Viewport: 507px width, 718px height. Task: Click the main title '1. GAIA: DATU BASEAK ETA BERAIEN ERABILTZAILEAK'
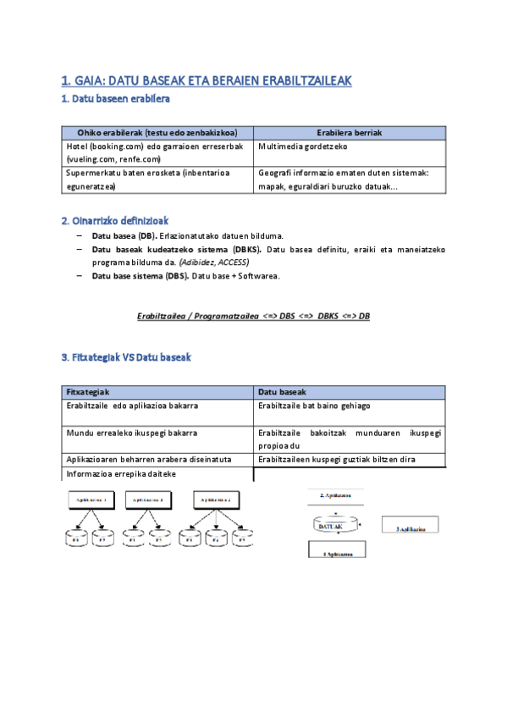[x=206, y=81]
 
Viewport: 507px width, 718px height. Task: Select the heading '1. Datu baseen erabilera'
[x=116, y=99]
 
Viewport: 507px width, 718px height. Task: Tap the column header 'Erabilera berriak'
[x=350, y=133]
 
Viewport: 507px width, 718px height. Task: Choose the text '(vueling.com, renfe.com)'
[x=113, y=158]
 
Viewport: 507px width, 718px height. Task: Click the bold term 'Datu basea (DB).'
[x=124, y=235]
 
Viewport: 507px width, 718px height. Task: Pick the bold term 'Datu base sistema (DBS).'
[x=140, y=276]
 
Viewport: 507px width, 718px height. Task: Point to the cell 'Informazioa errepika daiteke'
[x=121, y=473]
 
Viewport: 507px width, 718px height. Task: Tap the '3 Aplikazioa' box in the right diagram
[x=410, y=527]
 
